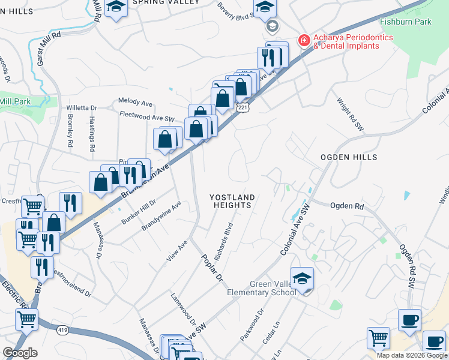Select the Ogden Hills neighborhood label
tap(353, 157)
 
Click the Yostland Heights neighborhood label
tap(232, 201)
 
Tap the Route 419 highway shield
tap(63, 329)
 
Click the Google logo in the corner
tap(20, 353)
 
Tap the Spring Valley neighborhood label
tap(164, 2)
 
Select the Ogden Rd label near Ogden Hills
tap(347, 205)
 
